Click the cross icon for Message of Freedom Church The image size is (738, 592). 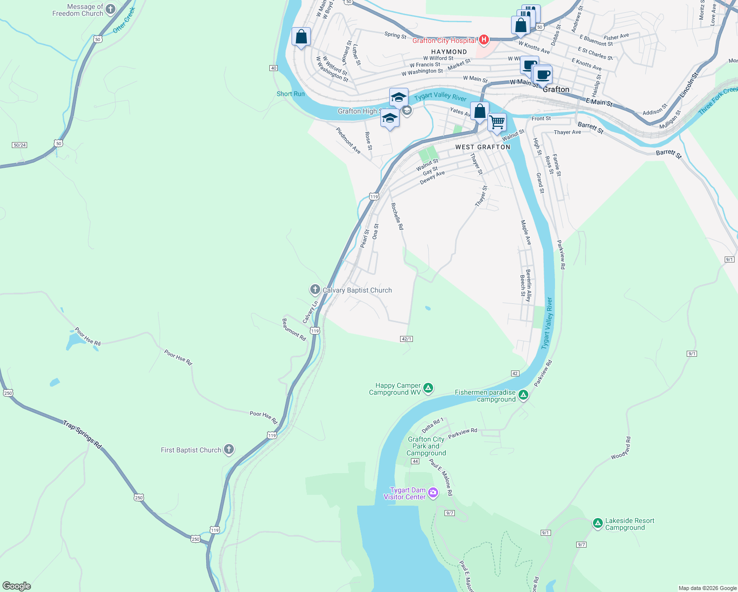(111, 9)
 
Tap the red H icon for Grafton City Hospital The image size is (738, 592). (484, 39)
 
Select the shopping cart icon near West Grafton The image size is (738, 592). (497, 121)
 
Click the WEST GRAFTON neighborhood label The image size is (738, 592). (482, 147)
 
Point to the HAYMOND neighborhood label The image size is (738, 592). (449, 52)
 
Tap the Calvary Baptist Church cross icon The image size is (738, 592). (315, 290)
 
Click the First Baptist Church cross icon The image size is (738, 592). (228, 449)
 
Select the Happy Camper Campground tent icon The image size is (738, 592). (428, 388)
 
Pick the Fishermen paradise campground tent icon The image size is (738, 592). (523, 395)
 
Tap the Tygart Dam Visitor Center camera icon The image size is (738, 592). (433, 493)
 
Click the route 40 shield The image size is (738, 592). (273, 68)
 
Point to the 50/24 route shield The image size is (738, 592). (19, 145)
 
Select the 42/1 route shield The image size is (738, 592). (406, 339)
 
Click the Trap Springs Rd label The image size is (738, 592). (82, 434)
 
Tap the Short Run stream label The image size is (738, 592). (291, 94)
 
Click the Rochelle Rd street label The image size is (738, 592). (397, 216)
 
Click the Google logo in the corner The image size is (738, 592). (17, 586)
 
